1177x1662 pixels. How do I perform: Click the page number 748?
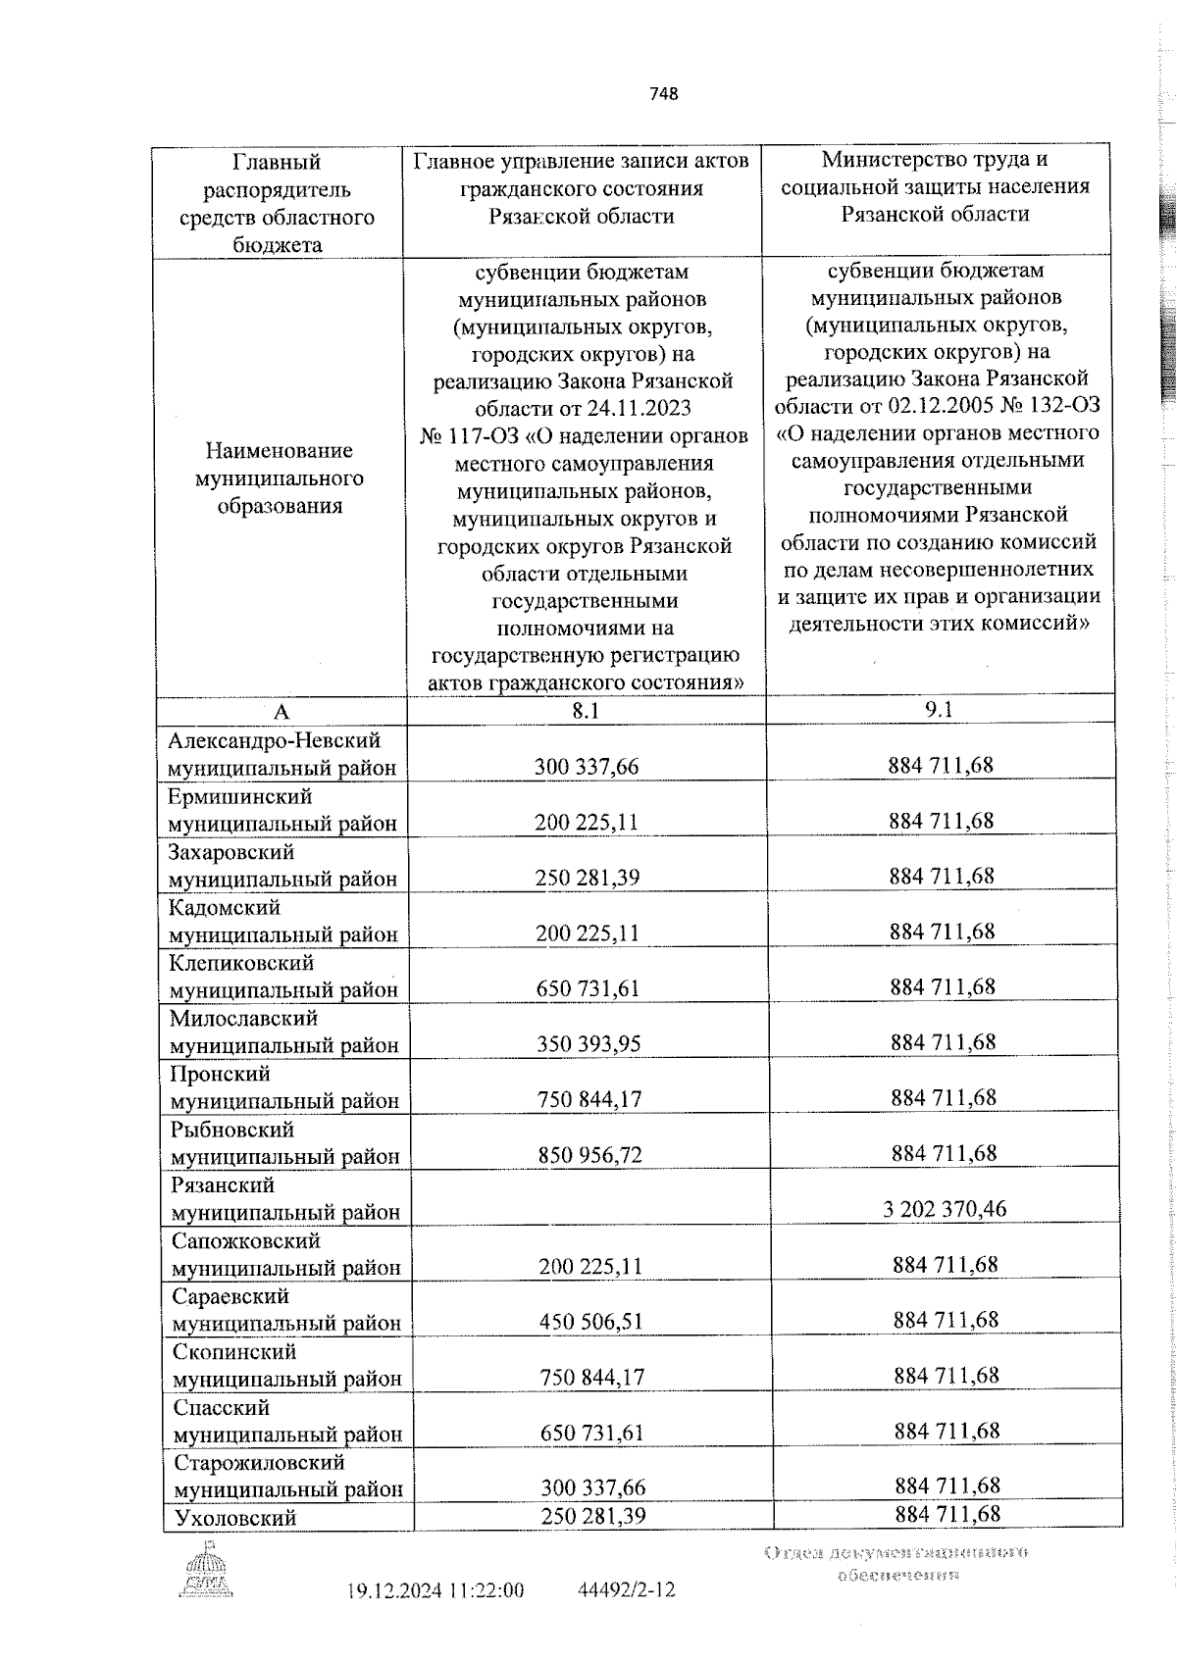[x=663, y=94]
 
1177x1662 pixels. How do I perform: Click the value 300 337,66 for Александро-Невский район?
[x=587, y=766]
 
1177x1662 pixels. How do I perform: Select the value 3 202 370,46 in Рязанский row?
[x=944, y=1209]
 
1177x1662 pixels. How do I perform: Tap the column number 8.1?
[x=586, y=711]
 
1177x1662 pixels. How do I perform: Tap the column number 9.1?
[x=939, y=710]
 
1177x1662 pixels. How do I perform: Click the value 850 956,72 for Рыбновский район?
[x=589, y=1155]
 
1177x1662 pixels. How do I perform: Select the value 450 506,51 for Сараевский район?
[x=590, y=1322]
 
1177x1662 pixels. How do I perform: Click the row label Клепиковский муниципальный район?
[x=283, y=977]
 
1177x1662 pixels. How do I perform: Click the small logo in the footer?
[x=207, y=1571]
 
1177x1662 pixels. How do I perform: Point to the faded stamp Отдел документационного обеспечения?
[x=896, y=1563]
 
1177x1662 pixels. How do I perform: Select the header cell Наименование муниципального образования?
[x=279, y=478]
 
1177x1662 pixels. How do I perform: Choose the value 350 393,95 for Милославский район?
[x=588, y=1043]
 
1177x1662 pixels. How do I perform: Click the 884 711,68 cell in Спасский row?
[x=946, y=1431]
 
